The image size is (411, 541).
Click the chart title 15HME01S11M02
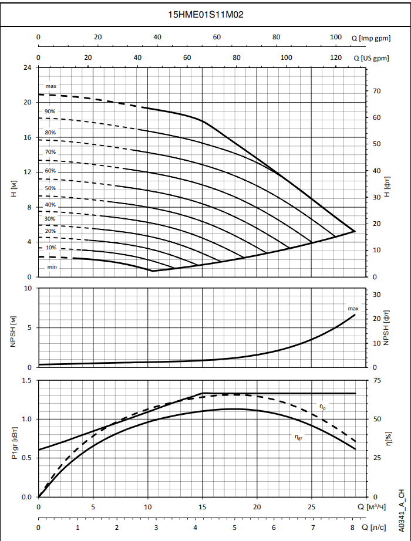(206, 14)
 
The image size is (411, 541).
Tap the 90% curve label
(50, 111)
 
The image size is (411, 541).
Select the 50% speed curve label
(50, 188)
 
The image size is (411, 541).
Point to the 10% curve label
(51, 248)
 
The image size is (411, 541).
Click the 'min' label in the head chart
(52, 267)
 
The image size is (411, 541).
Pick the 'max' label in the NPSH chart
(353, 308)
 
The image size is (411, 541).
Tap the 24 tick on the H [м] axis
(27, 67)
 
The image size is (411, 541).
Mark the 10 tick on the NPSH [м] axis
(27, 288)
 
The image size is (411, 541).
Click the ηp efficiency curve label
(322, 405)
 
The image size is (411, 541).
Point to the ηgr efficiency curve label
(299, 436)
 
